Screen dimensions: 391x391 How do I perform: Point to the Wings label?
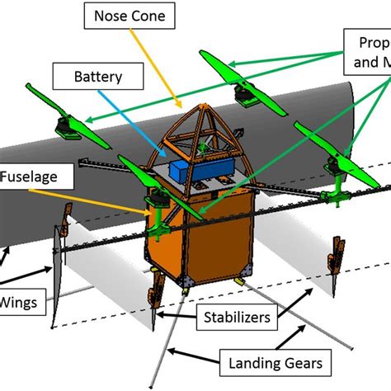pos(21,300)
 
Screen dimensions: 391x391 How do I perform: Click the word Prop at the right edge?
pos(372,43)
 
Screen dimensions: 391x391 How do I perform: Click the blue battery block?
pos(192,169)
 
